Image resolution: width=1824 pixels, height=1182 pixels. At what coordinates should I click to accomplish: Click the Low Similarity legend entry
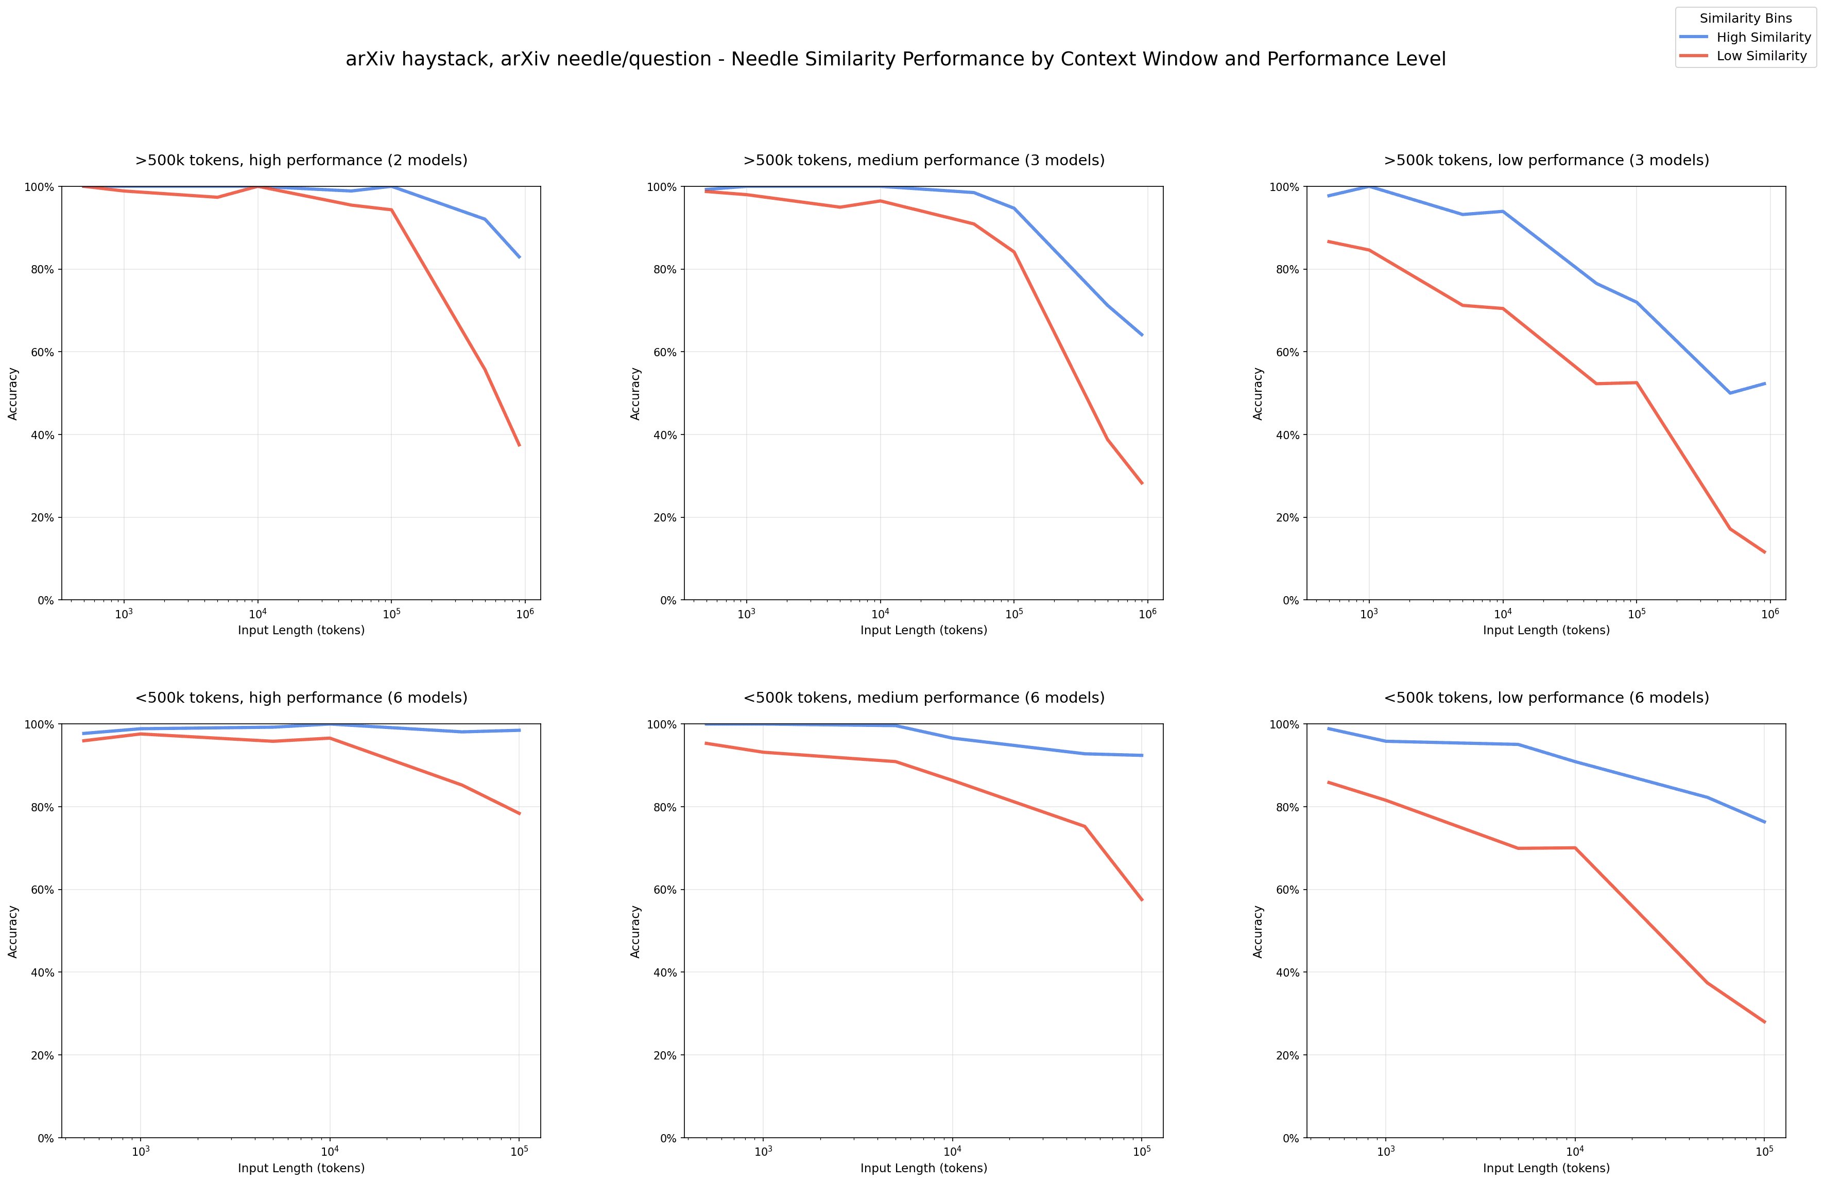[x=1761, y=56]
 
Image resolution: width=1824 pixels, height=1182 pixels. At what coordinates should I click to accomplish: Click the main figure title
[x=895, y=59]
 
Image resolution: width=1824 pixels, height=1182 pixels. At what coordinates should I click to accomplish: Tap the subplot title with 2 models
[x=301, y=160]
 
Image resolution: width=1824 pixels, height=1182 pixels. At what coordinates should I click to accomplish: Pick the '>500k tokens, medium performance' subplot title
[x=923, y=160]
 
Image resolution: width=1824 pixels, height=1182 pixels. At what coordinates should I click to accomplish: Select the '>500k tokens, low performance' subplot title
[x=1546, y=160]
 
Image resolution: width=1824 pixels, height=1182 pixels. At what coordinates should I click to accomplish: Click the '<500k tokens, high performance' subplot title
[x=301, y=698]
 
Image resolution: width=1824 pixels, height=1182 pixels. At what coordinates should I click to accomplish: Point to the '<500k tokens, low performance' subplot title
[x=1546, y=698]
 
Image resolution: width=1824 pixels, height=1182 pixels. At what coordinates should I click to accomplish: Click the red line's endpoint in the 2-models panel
[x=520, y=446]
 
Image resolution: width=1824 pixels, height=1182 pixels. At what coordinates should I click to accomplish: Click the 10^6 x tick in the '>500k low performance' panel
[x=1769, y=614]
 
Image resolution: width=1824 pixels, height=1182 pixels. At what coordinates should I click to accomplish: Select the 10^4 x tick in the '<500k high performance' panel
[x=330, y=1151]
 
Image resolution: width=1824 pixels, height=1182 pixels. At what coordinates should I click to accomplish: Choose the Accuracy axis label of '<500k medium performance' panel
[x=635, y=931]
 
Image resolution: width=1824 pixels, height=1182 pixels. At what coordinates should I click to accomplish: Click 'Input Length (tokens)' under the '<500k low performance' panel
[x=1546, y=1168]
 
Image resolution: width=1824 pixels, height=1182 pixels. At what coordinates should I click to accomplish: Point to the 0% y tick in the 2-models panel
[x=45, y=601]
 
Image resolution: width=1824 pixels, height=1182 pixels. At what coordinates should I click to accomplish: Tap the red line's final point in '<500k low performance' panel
[x=1765, y=1022]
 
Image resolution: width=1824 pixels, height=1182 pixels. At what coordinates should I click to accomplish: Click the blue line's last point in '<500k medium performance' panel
[x=1142, y=755]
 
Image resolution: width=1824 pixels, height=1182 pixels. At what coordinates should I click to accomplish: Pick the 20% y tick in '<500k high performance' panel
[x=43, y=1055]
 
